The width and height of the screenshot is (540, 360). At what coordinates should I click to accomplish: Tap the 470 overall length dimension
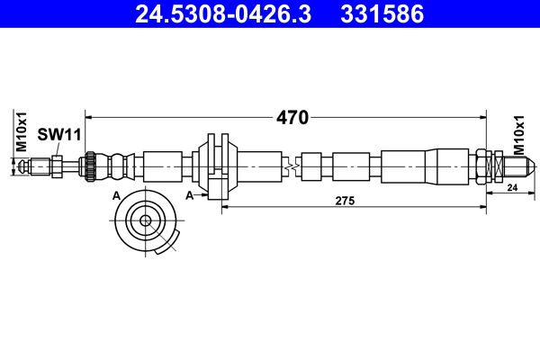(x=292, y=117)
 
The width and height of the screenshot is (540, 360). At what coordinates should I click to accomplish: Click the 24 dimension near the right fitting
(x=512, y=188)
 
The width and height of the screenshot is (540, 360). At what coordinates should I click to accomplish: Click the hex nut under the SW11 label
(x=57, y=166)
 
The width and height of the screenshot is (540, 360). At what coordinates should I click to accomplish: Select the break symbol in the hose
(x=290, y=166)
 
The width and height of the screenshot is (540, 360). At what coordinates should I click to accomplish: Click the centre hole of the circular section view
(x=144, y=220)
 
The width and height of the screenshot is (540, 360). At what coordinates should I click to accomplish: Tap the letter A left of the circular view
(x=115, y=194)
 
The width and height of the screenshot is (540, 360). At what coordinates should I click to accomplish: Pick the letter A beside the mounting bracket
(x=189, y=194)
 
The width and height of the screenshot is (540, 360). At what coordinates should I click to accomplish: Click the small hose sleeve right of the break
(x=311, y=166)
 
